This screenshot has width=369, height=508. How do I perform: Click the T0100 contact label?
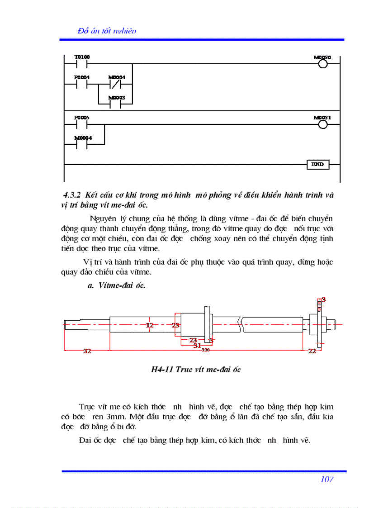tap(82, 57)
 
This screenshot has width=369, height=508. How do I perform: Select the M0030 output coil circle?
tap(322, 64)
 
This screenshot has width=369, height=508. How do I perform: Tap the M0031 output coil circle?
tap(322, 124)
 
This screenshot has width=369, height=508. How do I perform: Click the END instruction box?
tap(317, 164)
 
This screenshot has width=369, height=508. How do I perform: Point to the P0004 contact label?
tap(82, 77)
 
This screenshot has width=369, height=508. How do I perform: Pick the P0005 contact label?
tap(82, 117)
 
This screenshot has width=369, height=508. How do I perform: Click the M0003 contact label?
tap(117, 98)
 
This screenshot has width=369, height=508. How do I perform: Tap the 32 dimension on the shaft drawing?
tap(87, 351)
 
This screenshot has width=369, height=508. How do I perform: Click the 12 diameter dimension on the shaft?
tap(150, 325)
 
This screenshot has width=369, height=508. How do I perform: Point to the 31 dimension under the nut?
tap(197, 346)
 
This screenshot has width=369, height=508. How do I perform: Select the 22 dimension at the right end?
tap(312, 351)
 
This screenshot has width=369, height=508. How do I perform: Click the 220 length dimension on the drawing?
tap(206, 350)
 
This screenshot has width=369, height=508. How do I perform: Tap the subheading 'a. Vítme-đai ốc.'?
tap(116, 285)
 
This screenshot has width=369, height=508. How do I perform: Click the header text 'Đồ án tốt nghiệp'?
tap(107, 31)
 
